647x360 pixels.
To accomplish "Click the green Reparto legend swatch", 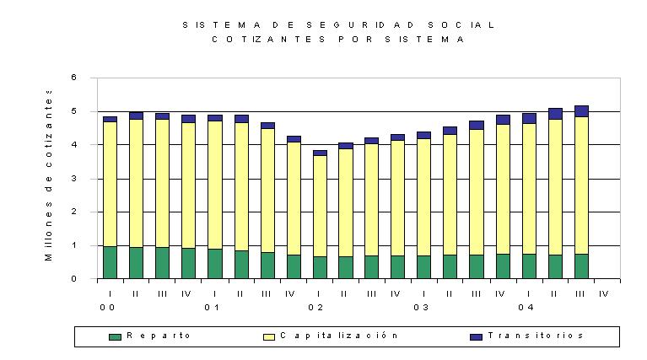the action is point(115,337).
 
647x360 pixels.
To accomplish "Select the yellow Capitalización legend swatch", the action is point(269,337).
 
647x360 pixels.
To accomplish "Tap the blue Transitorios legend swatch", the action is point(476,337).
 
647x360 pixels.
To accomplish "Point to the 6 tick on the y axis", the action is point(74,77).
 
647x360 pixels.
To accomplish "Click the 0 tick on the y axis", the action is point(74,279).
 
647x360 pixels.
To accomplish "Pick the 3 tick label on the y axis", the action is point(74,179).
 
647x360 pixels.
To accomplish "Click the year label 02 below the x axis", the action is point(315,308).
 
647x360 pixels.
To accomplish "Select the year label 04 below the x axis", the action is point(526,308).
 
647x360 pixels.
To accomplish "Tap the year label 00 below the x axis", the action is point(107,308).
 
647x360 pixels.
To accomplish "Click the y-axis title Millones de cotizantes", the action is point(49,175).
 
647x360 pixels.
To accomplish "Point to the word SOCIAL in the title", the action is point(461,25).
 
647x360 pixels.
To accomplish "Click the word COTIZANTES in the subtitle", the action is point(268,40).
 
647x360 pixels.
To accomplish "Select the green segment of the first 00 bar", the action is point(111,262).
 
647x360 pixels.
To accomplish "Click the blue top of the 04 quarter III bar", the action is point(581,111).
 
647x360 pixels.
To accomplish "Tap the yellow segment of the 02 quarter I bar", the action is point(320,207).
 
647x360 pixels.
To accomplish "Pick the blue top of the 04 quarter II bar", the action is point(555,114).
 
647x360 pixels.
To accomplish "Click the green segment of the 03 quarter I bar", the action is point(423,267).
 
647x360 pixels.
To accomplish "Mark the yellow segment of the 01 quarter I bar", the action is point(215,185).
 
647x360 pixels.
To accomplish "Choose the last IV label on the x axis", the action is point(604,294).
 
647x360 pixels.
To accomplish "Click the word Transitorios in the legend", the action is point(536,336).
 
